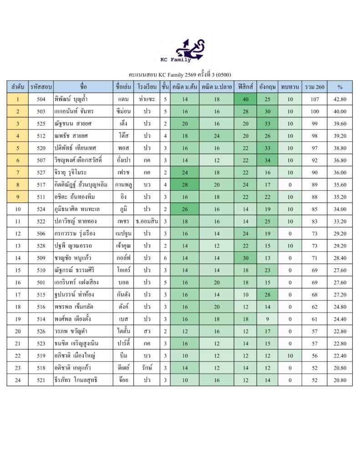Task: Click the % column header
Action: tap(340, 86)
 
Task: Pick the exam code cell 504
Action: tap(41, 99)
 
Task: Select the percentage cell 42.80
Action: tap(340, 99)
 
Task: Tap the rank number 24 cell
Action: tap(18, 380)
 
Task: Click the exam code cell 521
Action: tap(41, 380)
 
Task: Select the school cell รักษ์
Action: tap(147, 368)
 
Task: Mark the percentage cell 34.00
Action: tap(340, 209)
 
